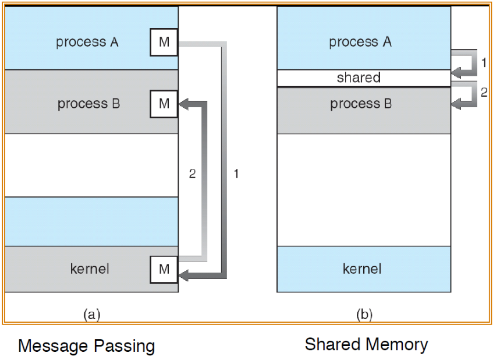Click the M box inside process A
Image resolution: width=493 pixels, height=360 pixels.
(x=164, y=42)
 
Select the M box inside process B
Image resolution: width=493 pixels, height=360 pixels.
(x=164, y=104)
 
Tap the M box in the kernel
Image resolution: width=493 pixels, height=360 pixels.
(x=164, y=269)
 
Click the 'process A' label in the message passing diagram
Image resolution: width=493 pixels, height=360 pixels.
(x=87, y=42)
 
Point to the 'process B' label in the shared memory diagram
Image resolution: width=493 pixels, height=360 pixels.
(x=361, y=104)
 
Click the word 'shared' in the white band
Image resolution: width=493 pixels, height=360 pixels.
(x=359, y=77)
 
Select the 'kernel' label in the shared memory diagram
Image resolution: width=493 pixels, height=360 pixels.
(x=362, y=269)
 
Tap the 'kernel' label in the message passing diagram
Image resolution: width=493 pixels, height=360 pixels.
(x=90, y=269)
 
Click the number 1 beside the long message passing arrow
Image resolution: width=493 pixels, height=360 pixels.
(x=236, y=174)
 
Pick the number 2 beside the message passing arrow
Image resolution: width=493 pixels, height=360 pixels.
(x=193, y=174)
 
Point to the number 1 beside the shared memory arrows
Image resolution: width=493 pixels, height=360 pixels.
(x=484, y=63)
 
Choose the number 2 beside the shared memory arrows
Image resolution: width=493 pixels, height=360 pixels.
(x=484, y=92)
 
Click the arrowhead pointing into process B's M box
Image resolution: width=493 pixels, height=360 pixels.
(x=183, y=104)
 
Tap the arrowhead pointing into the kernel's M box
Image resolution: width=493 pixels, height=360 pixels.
(x=183, y=276)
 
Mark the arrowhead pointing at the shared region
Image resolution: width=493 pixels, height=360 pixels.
(x=456, y=73)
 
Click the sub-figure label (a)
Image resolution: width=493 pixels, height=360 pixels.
(x=92, y=315)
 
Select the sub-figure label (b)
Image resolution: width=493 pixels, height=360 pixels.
(x=364, y=315)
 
